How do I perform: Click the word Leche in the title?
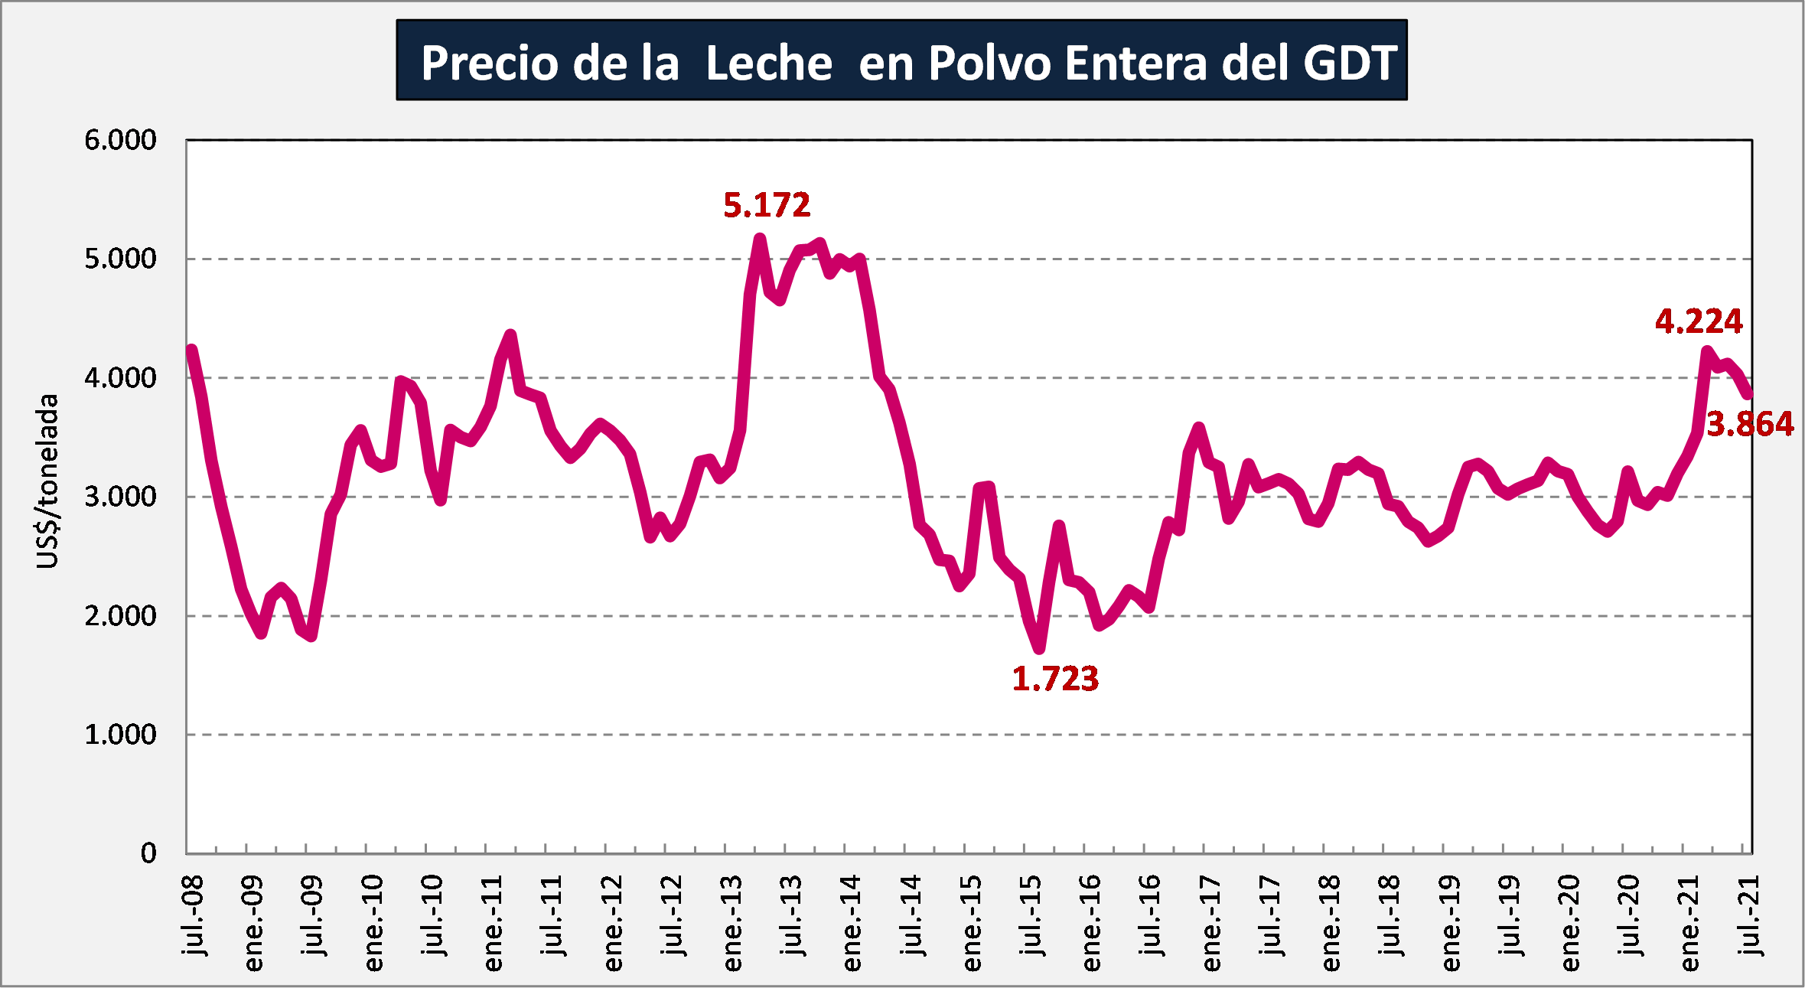[x=768, y=63]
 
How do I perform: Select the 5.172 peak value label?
[x=767, y=205]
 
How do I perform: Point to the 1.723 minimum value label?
[x=1055, y=679]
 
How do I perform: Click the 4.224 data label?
[x=1699, y=321]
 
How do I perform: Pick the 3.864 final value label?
[x=1750, y=424]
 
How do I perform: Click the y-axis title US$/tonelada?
[x=47, y=481]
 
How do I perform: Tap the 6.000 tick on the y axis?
[x=120, y=140]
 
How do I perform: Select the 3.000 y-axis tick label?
[x=120, y=497]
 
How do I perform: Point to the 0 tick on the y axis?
[x=148, y=853]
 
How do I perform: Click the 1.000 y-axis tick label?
[x=120, y=735]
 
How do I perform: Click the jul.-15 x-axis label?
[x=1031, y=915]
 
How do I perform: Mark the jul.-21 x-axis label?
[x=1750, y=915]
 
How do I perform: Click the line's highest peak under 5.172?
[x=760, y=239]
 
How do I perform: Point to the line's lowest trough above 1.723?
[x=1039, y=648]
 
